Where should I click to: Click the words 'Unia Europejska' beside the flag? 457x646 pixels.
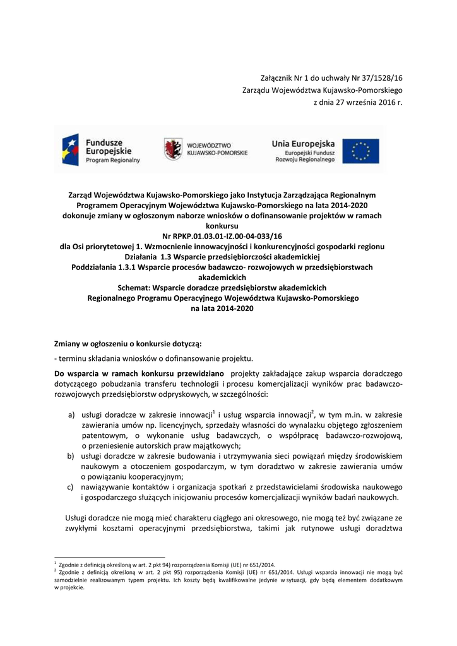tap(304, 143)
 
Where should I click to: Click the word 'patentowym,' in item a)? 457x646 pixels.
tap(104, 435)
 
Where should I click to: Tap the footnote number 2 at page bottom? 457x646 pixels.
tap(56, 570)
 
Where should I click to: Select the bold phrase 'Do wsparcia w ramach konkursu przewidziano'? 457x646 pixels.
tap(136, 374)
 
